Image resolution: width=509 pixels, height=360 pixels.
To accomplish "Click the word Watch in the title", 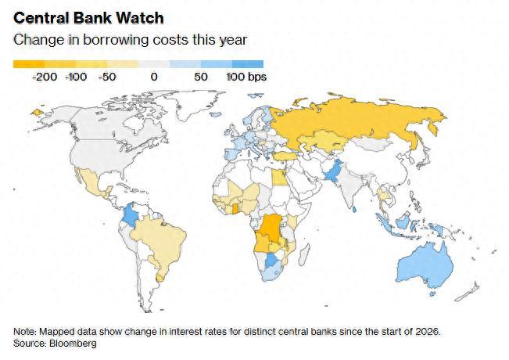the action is point(140,18).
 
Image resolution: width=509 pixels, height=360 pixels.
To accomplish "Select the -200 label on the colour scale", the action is point(45,77).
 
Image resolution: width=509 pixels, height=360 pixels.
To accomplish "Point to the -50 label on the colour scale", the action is point(107,77).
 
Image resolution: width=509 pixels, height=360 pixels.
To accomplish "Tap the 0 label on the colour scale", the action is point(154,77).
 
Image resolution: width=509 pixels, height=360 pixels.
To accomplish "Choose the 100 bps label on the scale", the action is point(246,77).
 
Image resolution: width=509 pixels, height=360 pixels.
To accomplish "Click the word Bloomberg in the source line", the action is point(73,344).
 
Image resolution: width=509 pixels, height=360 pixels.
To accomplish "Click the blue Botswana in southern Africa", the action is point(272,261).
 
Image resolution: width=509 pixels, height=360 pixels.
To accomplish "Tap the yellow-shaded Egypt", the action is point(279,178).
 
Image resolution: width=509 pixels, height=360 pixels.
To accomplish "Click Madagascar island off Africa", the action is point(305,254).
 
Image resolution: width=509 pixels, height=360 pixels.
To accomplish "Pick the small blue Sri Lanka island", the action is point(354,210).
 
